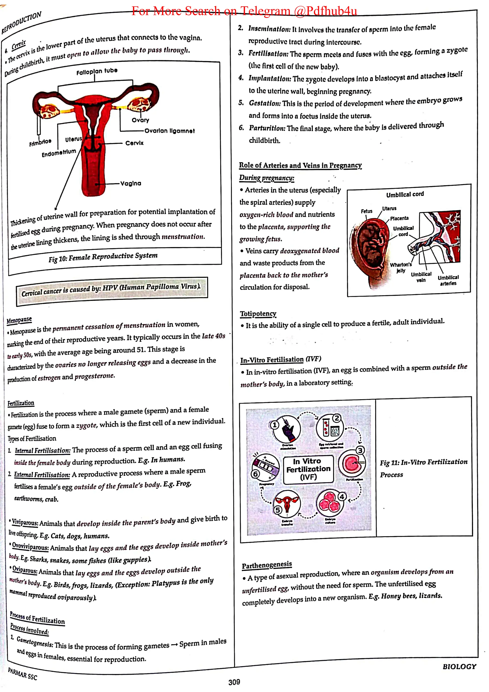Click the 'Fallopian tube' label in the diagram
(x=97, y=71)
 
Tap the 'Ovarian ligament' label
(x=169, y=131)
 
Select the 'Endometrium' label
(x=59, y=153)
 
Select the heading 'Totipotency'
(x=258, y=314)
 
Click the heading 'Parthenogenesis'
(x=267, y=564)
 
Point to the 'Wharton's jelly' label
(x=401, y=267)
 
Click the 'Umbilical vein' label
(x=421, y=277)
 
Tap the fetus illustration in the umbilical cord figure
(x=369, y=247)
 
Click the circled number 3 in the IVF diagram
(x=360, y=450)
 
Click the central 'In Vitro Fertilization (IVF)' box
(x=308, y=469)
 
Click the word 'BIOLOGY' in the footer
(x=459, y=666)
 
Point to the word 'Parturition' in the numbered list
(x=267, y=128)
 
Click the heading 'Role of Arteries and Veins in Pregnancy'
(x=300, y=165)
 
